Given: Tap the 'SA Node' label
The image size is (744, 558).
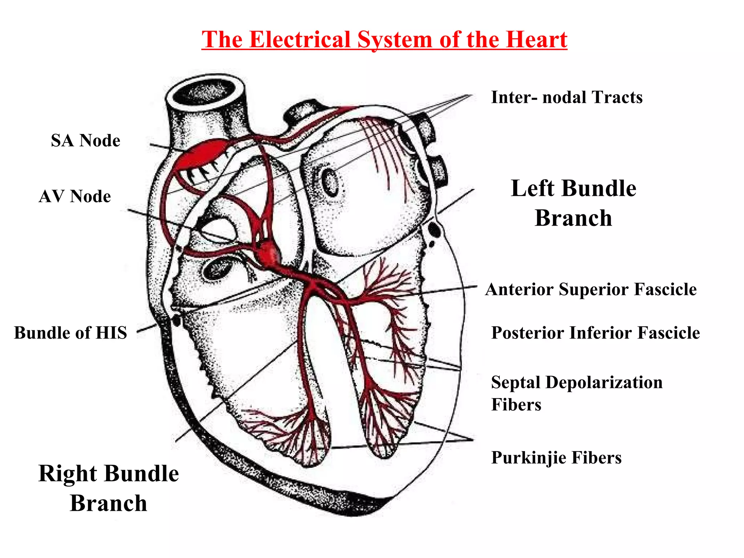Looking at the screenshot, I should coord(85,141).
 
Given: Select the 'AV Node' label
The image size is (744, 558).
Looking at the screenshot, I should coord(75,197).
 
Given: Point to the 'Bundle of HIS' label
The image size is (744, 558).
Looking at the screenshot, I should coord(70,333).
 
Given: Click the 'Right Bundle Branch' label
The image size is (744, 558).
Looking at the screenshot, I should coord(109,488).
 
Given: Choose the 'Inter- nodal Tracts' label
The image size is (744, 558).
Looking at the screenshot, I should coord(567,97).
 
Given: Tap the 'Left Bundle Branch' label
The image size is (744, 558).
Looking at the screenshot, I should coord(573,203).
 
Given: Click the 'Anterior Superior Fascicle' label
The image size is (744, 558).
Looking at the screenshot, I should coord(591,290).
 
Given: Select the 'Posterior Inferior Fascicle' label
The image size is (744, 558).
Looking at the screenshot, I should coord(595,333).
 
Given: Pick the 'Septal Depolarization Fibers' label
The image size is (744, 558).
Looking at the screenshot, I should coord(577,393).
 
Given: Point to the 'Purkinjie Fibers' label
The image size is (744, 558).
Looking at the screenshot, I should coord(556,458).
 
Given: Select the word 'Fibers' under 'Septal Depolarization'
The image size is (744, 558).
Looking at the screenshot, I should coord(516,405).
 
